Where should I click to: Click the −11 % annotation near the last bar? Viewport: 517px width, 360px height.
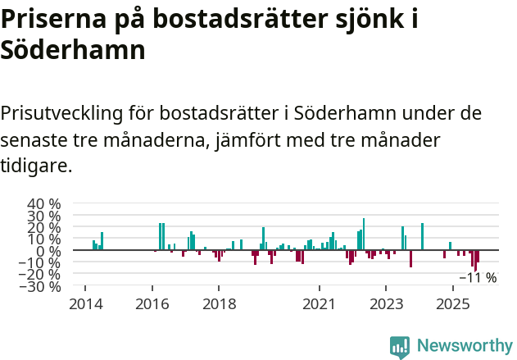[x=477, y=277]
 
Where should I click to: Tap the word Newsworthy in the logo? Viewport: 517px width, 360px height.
[x=464, y=346]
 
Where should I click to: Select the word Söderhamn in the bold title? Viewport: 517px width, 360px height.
[x=73, y=51]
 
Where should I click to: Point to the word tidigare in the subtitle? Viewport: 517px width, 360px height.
[x=35, y=166]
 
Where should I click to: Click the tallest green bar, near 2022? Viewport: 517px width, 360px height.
[x=364, y=234]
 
